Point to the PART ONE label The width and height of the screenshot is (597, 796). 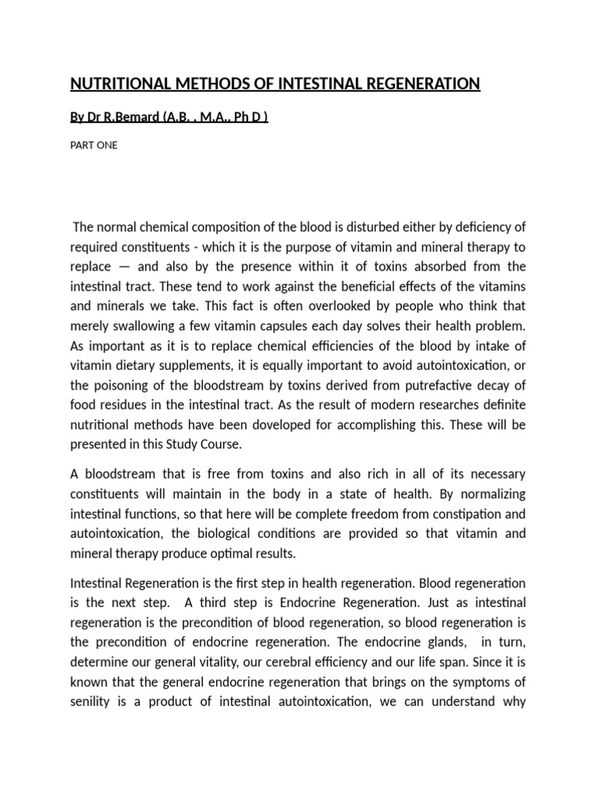[94, 145]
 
